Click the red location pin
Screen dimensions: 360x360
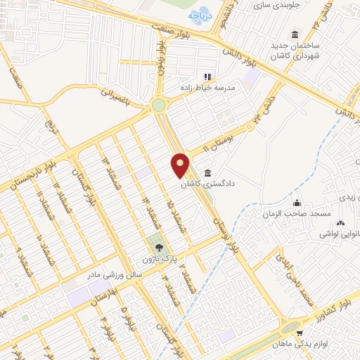click(x=180, y=165)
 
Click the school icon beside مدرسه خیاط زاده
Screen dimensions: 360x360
click(x=207, y=77)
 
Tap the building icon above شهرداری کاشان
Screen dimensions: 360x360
click(x=293, y=35)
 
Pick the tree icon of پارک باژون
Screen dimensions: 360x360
click(x=158, y=247)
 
